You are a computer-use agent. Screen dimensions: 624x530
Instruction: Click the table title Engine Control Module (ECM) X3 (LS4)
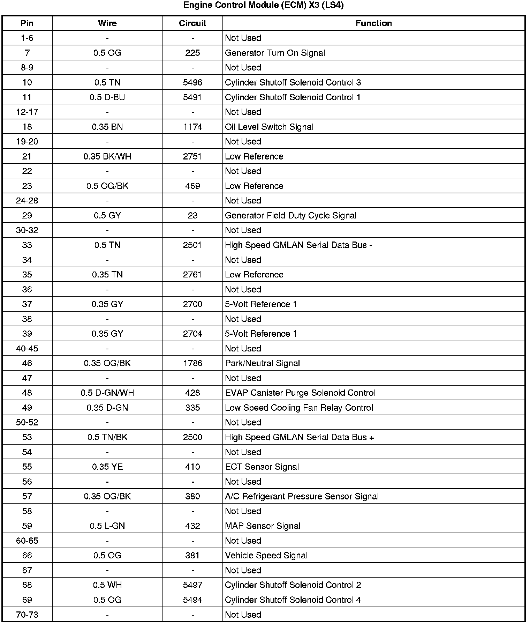coord(263,6)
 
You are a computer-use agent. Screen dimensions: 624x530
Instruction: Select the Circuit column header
coord(192,23)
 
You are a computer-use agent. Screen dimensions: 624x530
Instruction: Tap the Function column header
coord(373,23)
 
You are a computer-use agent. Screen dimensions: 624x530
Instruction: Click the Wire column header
coord(107,23)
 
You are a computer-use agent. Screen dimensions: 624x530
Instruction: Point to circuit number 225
coord(192,53)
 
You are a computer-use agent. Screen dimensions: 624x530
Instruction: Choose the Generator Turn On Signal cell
coord(275,53)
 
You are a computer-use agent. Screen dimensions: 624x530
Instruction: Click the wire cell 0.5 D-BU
coord(107,97)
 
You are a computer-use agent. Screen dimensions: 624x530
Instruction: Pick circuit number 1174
coord(192,127)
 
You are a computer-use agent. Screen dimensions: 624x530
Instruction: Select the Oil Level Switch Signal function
coord(269,127)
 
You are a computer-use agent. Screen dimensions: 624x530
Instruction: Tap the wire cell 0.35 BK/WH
coord(107,156)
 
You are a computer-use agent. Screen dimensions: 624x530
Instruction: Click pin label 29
coord(27,215)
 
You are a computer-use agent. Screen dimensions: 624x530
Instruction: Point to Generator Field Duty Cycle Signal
coord(290,215)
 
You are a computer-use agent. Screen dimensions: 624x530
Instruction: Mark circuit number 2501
coord(192,245)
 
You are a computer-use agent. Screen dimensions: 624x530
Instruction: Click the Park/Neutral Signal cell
coord(262,363)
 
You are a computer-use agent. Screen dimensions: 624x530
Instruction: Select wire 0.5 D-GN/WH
coord(107,393)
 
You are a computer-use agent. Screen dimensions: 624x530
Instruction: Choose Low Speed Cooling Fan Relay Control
coord(299,408)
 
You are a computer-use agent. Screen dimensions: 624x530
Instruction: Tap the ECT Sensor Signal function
coord(262,467)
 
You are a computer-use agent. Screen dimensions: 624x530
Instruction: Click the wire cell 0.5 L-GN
coord(107,526)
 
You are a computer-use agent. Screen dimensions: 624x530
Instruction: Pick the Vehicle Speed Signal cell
coord(266,556)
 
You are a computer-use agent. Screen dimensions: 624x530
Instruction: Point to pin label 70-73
coord(27,615)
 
